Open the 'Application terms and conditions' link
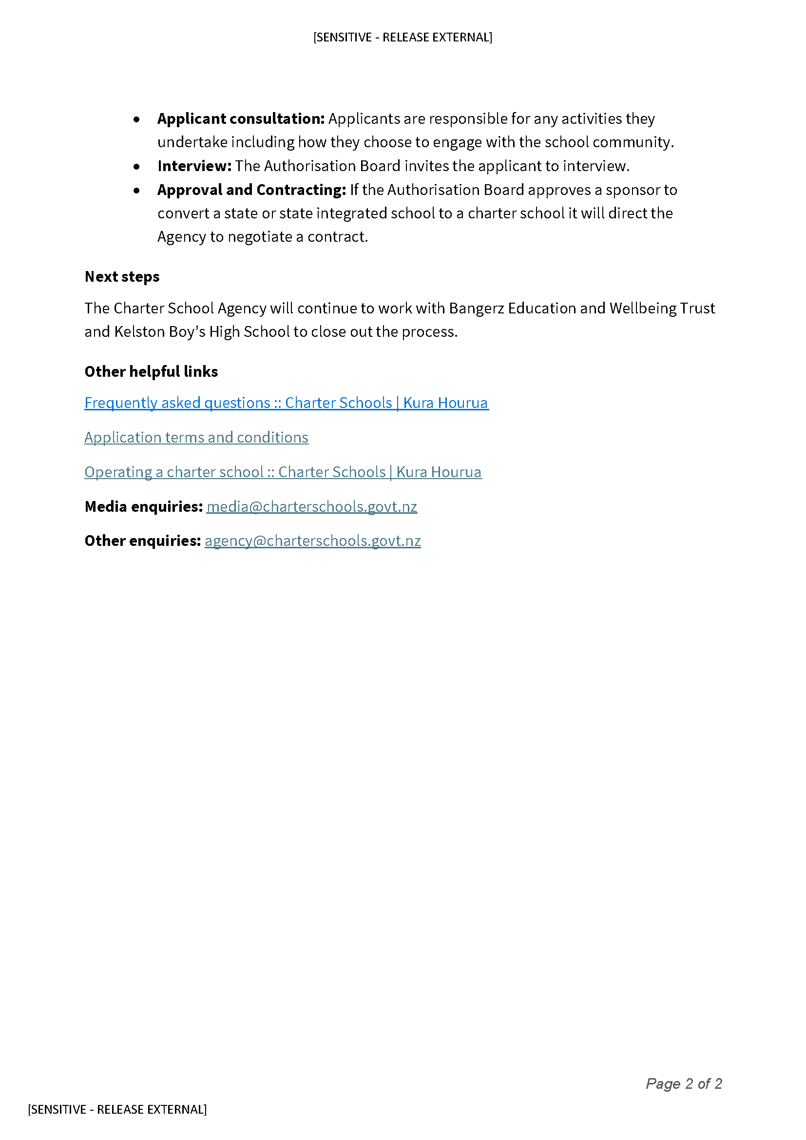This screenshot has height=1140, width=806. coord(196,437)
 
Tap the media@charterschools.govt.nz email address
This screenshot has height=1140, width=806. coord(312,506)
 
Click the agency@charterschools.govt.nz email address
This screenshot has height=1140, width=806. coord(313,541)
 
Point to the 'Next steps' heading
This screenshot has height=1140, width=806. coord(122,276)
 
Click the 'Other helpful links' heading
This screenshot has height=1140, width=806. coord(152,371)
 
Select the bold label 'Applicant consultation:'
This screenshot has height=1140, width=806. coord(241,118)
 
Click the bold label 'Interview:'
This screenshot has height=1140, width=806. coord(194,166)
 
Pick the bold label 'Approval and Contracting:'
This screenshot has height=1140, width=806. coord(251,190)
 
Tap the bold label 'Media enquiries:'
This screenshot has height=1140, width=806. coord(144,506)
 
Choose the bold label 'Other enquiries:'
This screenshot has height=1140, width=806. coord(142,541)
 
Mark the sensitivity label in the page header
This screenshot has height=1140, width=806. coord(403,37)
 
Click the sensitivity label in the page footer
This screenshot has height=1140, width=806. coord(117,1109)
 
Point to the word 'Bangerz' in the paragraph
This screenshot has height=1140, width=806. coord(476,309)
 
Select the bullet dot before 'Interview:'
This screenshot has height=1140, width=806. coord(136,167)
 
